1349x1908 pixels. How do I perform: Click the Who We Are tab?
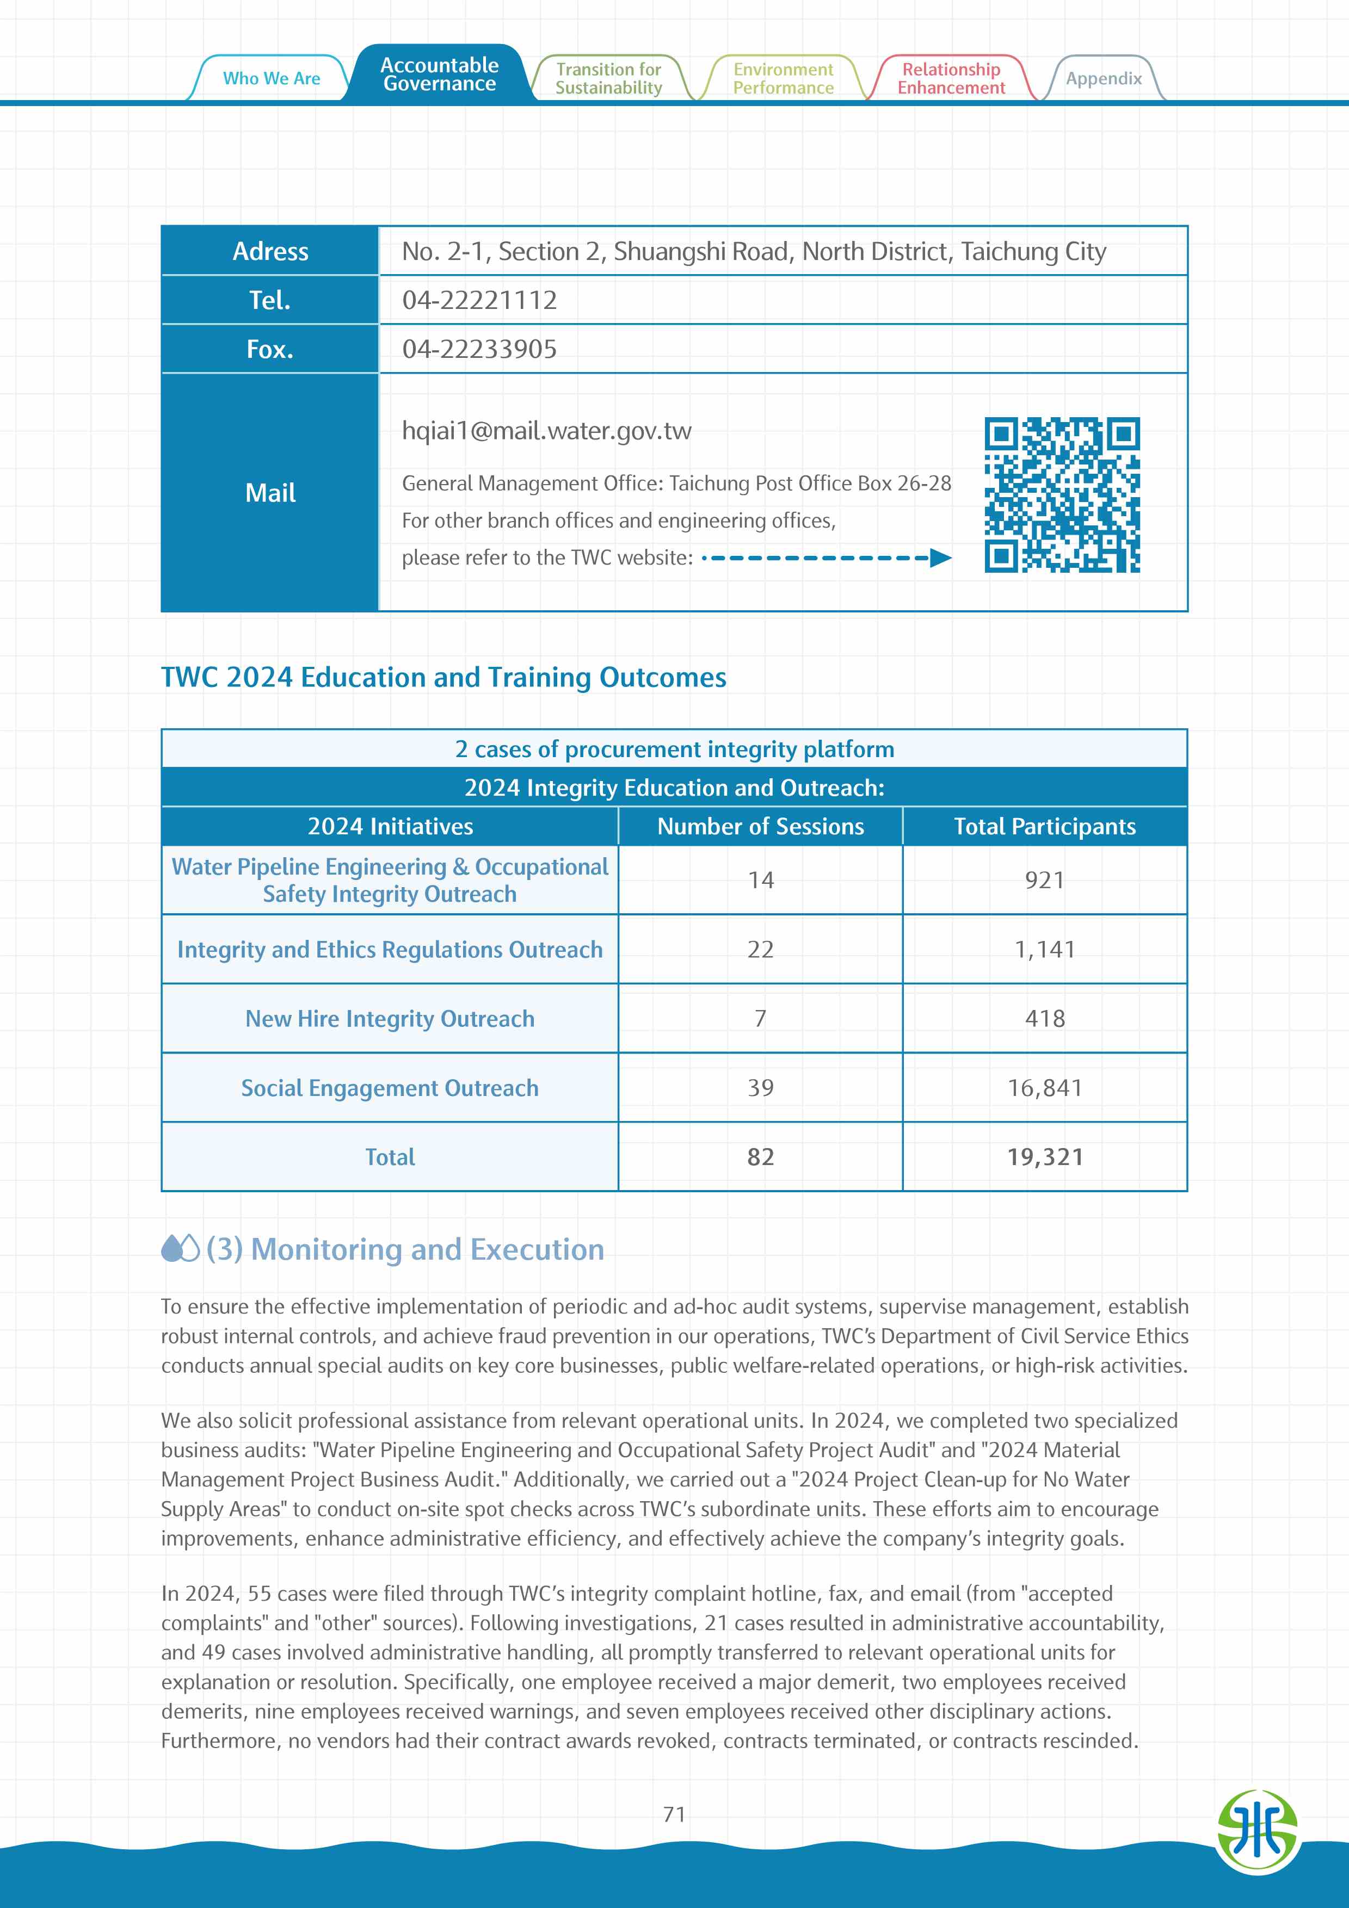271,78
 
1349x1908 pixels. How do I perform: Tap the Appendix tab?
1103,79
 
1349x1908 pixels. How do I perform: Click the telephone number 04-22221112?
479,300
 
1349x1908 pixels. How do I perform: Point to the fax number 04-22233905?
479,349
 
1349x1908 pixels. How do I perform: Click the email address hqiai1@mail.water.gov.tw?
546,430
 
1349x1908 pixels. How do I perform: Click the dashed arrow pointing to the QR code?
827,557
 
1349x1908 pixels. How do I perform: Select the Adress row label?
270,251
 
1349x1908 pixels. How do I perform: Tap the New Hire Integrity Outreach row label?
390,1019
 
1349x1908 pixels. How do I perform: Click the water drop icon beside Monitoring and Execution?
180,1248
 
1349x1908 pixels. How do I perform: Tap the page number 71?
674,1814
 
